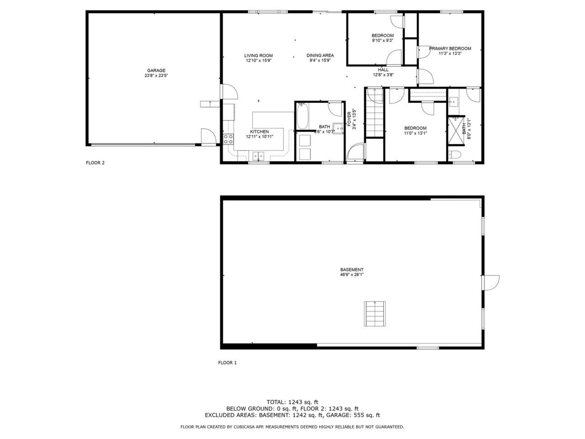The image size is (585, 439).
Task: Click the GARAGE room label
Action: (156, 70)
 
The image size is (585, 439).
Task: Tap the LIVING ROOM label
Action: (258, 55)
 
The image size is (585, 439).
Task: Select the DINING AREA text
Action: (320, 55)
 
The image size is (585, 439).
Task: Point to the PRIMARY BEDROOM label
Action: (450, 48)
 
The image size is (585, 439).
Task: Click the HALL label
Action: (383, 70)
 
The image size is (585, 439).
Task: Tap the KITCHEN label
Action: (259, 132)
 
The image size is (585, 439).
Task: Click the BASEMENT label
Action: (352, 269)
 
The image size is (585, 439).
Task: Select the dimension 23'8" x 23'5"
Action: (156, 75)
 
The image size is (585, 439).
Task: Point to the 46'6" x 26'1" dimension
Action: (352, 274)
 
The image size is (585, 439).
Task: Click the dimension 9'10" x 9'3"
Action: (383, 41)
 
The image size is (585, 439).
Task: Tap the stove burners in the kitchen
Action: (229, 139)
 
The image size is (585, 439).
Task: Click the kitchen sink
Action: (258, 155)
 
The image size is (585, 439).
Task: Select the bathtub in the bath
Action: (303, 116)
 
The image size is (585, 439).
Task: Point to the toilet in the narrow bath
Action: (454, 154)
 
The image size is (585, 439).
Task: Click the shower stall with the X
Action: (456, 131)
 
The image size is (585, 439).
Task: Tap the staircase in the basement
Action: (375, 314)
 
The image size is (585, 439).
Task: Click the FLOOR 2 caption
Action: (95, 163)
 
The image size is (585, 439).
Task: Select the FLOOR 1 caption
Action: (227, 363)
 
